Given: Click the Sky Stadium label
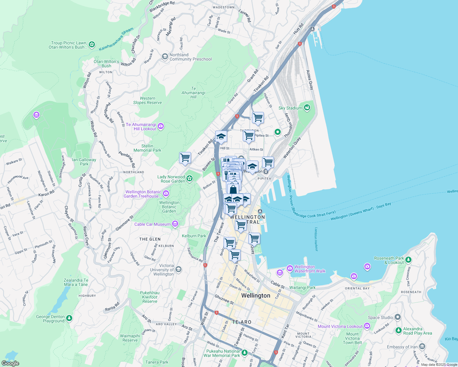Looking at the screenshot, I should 290,108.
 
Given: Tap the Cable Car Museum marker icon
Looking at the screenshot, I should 175,224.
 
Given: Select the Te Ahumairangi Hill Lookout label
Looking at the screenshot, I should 141,127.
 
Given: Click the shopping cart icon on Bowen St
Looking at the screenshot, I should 185,158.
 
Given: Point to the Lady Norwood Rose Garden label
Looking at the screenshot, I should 171,179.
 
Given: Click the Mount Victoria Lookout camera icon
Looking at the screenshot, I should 367,326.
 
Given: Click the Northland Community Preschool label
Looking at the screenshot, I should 190,57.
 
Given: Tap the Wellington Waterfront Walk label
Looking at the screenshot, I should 310,269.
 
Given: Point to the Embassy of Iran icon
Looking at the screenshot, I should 422,347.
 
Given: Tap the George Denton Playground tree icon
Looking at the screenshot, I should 69,318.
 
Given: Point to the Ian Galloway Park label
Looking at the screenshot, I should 84,162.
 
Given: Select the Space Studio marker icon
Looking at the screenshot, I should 398,317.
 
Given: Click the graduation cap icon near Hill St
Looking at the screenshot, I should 221,137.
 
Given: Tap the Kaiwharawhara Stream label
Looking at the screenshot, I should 116,39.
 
